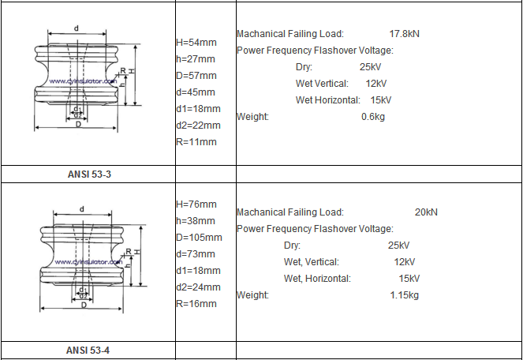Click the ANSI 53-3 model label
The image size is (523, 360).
[89, 174]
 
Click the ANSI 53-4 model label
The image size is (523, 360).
[88, 351]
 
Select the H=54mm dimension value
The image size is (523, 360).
[196, 43]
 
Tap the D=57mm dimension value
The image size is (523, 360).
[196, 76]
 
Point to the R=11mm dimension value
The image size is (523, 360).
[196, 141]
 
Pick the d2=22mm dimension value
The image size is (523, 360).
[198, 126]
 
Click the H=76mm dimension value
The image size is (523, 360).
[196, 204]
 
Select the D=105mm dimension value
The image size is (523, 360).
[199, 238]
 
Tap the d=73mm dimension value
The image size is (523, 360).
[196, 253]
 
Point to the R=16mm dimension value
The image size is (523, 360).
[196, 304]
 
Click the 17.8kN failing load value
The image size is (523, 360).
[404, 34]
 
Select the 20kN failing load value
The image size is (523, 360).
[426, 212]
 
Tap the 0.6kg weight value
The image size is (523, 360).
[373, 117]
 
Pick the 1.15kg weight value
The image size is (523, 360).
[404, 295]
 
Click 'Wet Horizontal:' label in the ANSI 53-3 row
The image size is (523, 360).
[328, 99]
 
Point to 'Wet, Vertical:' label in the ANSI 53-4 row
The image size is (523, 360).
[312, 262]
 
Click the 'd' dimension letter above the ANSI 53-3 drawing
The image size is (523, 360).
[77, 28]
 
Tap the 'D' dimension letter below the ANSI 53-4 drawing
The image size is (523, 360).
[84, 305]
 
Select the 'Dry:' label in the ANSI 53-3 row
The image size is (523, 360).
[304, 67]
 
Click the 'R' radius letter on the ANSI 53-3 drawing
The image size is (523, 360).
[123, 71]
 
